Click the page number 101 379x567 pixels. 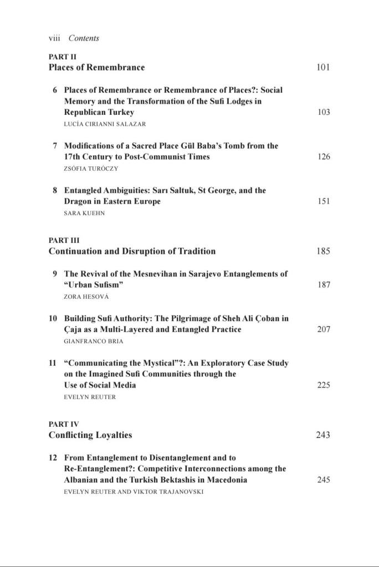(323, 68)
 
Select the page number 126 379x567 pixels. (324, 157)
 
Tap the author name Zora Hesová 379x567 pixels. (85, 297)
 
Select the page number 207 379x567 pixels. (324, 329)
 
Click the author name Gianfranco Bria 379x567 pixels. (94, 341)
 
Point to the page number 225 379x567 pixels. (324, 385)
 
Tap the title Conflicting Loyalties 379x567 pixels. (90, 435)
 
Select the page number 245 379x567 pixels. (324, 480)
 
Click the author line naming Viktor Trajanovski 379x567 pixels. (134, 492)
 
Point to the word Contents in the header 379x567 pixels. (84, 38)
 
